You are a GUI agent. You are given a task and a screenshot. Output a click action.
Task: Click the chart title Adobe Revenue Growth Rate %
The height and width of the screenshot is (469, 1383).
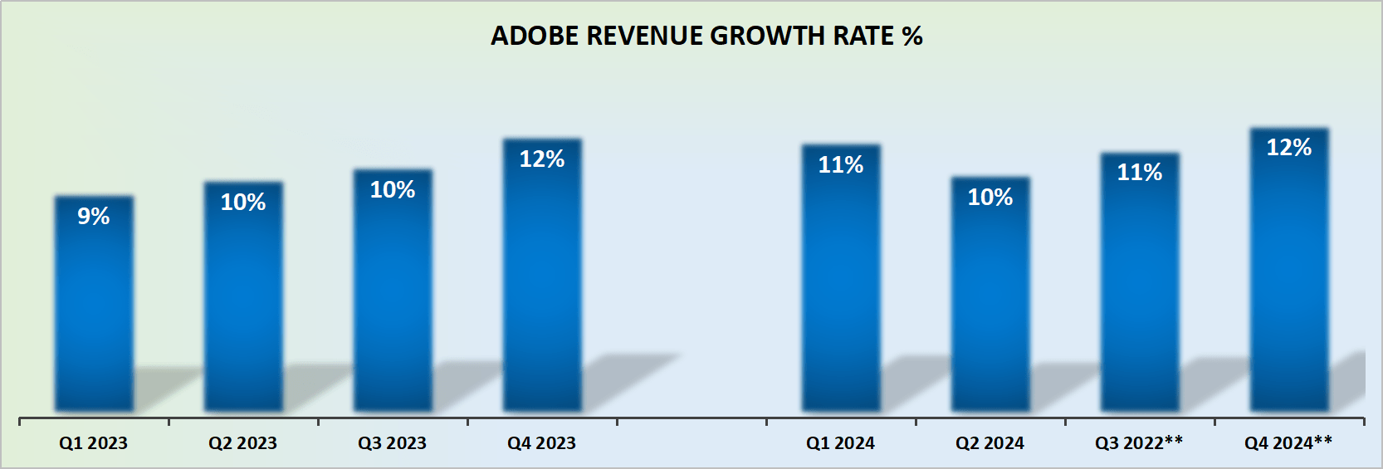click(x=706, y=36)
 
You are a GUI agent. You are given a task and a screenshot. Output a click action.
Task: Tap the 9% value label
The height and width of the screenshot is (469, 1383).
click(x=94, y=216)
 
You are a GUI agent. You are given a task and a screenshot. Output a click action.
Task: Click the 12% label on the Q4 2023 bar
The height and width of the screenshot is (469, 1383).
click(x=542, y=159)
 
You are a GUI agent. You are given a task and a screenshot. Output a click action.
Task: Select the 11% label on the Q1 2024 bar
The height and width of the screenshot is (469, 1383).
click(x=841, y=164)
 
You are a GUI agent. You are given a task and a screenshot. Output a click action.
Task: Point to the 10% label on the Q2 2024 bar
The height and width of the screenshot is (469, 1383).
click(x=990, y=197)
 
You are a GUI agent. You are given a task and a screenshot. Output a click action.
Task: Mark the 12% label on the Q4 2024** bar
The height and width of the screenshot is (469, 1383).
click(x=1289, y=147)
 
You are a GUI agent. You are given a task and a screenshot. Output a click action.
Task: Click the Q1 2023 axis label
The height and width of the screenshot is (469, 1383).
click(x=93, y=443)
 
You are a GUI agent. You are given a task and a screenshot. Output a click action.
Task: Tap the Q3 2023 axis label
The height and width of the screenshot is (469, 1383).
click(x=392, y=443)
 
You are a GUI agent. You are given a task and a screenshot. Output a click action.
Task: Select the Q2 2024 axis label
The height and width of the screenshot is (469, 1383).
click(x=990, y=443)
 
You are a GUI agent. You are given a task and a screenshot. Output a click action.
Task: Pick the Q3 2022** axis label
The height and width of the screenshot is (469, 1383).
click(x=1139, y=442)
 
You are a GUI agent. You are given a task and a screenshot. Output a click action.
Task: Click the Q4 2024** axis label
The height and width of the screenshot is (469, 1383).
click(x=1288, y=442)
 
